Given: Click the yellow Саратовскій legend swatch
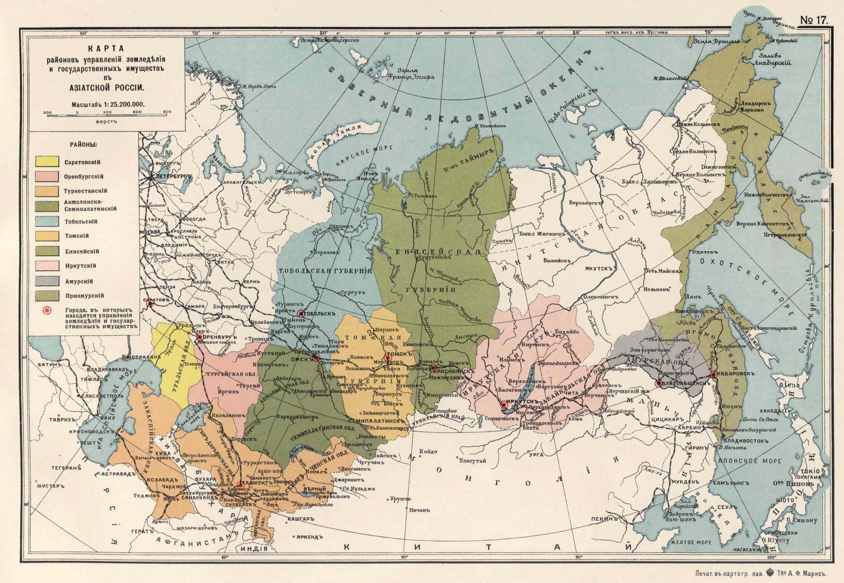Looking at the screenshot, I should coord(47,161).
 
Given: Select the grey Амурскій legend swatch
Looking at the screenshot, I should coord(47,281).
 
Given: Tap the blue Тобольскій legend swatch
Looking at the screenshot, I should coord(47,221).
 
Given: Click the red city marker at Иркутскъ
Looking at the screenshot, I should coord(504,404).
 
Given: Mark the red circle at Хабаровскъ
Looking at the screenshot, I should coord(713,374).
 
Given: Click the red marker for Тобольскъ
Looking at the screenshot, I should coord(301,313).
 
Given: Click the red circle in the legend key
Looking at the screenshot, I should coord(47,311).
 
